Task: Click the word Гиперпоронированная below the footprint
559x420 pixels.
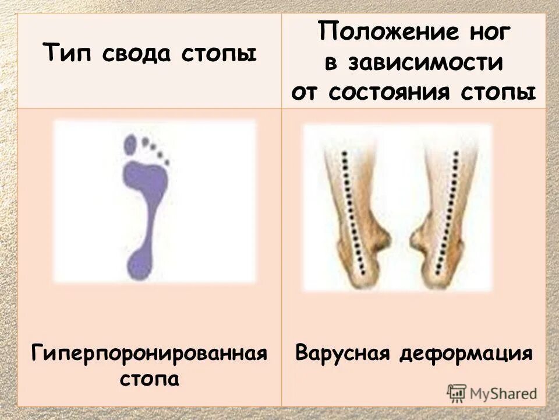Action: pos(150,353)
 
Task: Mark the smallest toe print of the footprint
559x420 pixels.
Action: pos(167,162)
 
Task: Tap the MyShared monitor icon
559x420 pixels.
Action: pos(457,393)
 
